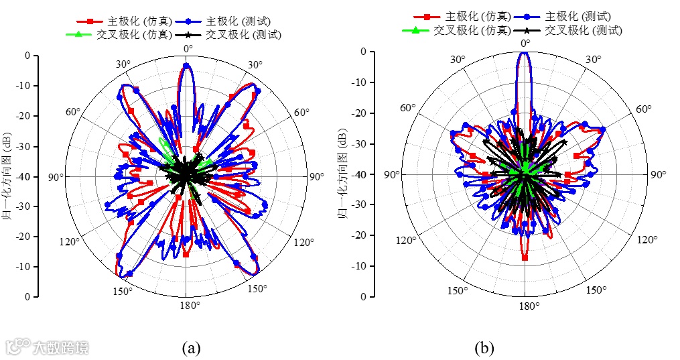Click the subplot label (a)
coord(192,348)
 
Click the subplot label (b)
coord(484,348)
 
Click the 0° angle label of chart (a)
coord(187,48)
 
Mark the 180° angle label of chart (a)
coord(188,306)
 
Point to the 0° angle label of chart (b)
coord(525,44)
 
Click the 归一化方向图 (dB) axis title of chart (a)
coord(9,176)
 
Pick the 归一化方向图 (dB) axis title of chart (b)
coord(341,175)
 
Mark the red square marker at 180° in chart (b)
coord(525,257)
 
